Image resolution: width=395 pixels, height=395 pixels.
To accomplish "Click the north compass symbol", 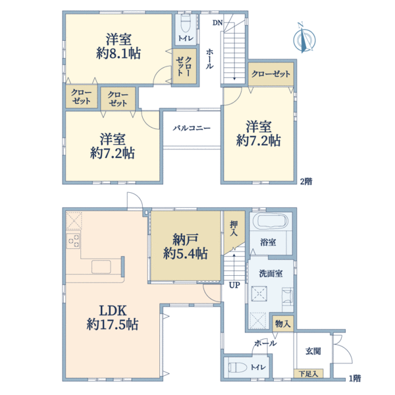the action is pyautogui.click(x=304, y=38).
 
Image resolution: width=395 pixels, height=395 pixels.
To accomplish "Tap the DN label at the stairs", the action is pyautogui.click(x=218, y=22).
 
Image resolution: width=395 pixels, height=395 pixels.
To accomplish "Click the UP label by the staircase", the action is pyautogui.click(x=234, y=285).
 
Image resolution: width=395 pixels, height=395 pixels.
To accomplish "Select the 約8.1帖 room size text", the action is pyautogui.click(x=118, y=53).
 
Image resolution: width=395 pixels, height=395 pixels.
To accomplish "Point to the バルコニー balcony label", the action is pyautogui.click(x=192, y=128).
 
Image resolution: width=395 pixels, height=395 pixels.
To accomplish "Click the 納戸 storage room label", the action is pyautogui.click(x=186, y=240).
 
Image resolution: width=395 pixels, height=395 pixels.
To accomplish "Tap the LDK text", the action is pyautogui.click(x=113, y=311).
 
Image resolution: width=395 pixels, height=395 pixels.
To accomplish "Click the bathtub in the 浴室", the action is pyautogui.click(x=272, y=221).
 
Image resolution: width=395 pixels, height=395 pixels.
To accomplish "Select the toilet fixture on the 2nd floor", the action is pyautogui.click(x=186, y=24).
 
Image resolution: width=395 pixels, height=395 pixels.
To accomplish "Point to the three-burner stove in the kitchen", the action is pyautogui.click(x=74, y=241).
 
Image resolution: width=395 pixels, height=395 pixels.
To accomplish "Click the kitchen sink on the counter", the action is pyautogui.click(x=101, y=267).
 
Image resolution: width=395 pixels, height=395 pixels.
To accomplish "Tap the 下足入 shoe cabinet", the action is pyautogui.click(x=308, y=373).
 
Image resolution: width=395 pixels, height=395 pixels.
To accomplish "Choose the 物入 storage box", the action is pyautogui.click(x=283, y=324).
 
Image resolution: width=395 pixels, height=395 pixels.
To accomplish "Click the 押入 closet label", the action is pyautogui.click(x=234, y=228).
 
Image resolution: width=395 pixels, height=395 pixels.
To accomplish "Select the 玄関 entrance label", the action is pyautogui.click(x=313, y=351).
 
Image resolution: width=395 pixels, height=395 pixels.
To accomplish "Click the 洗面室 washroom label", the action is pyautogui.click(x=271, y=274).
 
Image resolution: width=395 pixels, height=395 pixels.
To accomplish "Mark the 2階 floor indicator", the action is pyautogui.click(x=306, y=182).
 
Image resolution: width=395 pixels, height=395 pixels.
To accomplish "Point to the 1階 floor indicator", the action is pyautogui.click(x=355, y=378).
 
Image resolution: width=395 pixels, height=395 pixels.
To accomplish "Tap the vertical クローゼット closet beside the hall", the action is pyautogui.click(x=184, y=66).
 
